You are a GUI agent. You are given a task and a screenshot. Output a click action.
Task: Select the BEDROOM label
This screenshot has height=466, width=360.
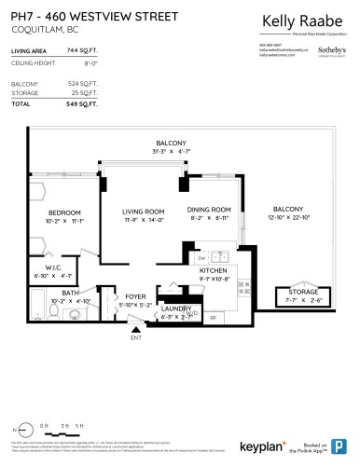pyautogui.click(x=65, y=212)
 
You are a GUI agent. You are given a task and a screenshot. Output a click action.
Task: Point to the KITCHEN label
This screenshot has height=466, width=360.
pyautogui.click(x=214, y=269)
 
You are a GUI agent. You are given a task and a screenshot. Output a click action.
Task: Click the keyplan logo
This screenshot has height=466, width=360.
pyautogui.click(x=284, y=446)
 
